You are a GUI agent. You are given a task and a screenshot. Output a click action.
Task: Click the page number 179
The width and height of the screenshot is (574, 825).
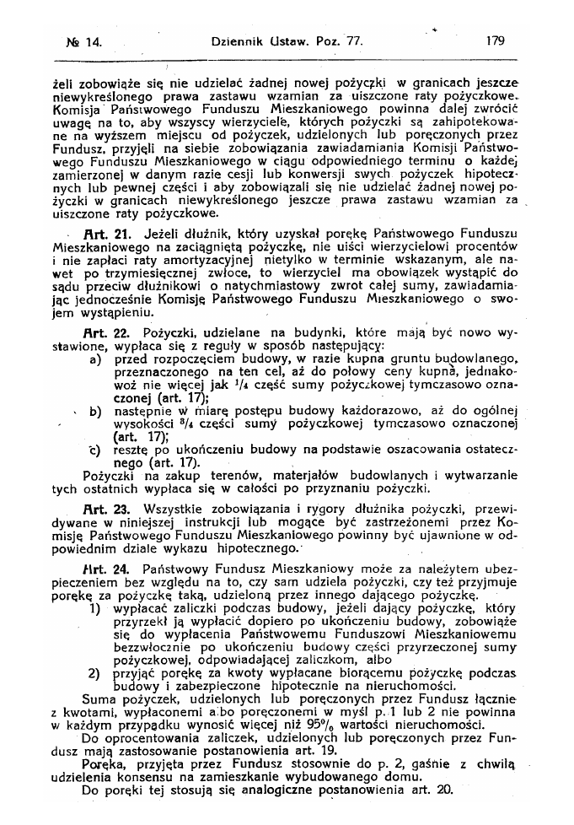coord(494,39)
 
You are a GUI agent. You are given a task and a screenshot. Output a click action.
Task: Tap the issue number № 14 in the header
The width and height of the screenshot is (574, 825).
coord(83,40)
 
